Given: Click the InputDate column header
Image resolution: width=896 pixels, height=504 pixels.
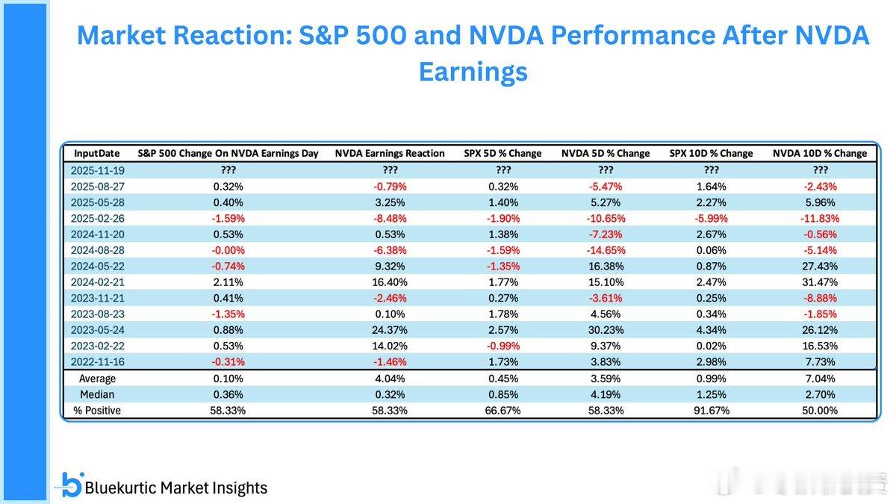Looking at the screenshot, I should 96,153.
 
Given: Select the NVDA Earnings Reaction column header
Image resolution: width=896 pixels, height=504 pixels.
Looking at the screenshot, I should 390,153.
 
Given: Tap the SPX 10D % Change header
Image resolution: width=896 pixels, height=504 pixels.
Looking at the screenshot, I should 710,153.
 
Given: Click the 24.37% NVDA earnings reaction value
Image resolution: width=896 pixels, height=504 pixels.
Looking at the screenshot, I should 390,330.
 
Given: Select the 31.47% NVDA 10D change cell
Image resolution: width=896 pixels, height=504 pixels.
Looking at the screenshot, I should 820,282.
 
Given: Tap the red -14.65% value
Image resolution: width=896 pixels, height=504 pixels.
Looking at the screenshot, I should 606,250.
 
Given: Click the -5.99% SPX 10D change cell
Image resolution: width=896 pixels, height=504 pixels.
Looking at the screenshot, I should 710,219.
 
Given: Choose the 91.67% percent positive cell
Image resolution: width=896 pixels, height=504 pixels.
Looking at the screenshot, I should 710,410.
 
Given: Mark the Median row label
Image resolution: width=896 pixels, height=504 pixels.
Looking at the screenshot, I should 98,394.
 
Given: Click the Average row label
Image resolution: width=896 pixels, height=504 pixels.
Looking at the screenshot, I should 98,379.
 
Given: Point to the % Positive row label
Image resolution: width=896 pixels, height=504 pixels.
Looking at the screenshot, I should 97,410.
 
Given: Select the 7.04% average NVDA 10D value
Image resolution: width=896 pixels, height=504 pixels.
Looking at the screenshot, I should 820,379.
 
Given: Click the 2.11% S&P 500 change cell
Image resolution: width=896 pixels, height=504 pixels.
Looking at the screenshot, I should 228,282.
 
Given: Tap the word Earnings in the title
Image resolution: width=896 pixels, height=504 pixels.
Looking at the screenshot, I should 473,71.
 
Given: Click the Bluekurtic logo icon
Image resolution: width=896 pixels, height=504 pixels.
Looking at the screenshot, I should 72,485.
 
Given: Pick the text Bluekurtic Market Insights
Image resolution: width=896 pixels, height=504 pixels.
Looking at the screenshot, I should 176,488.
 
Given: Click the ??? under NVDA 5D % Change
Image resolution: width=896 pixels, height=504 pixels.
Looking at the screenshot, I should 606,170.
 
